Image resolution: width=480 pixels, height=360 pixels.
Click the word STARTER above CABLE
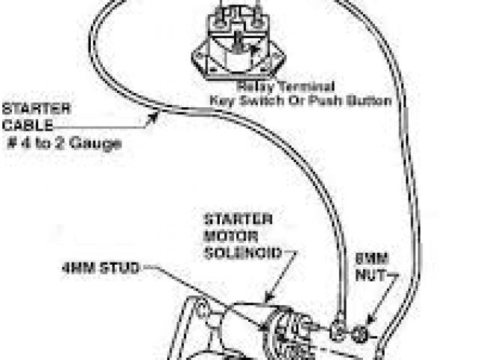[27, 107]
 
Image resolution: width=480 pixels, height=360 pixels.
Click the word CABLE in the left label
[22, 124]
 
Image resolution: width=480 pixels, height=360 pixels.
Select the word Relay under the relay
[253, 86]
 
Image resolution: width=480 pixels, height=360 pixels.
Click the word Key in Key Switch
[223, 100]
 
